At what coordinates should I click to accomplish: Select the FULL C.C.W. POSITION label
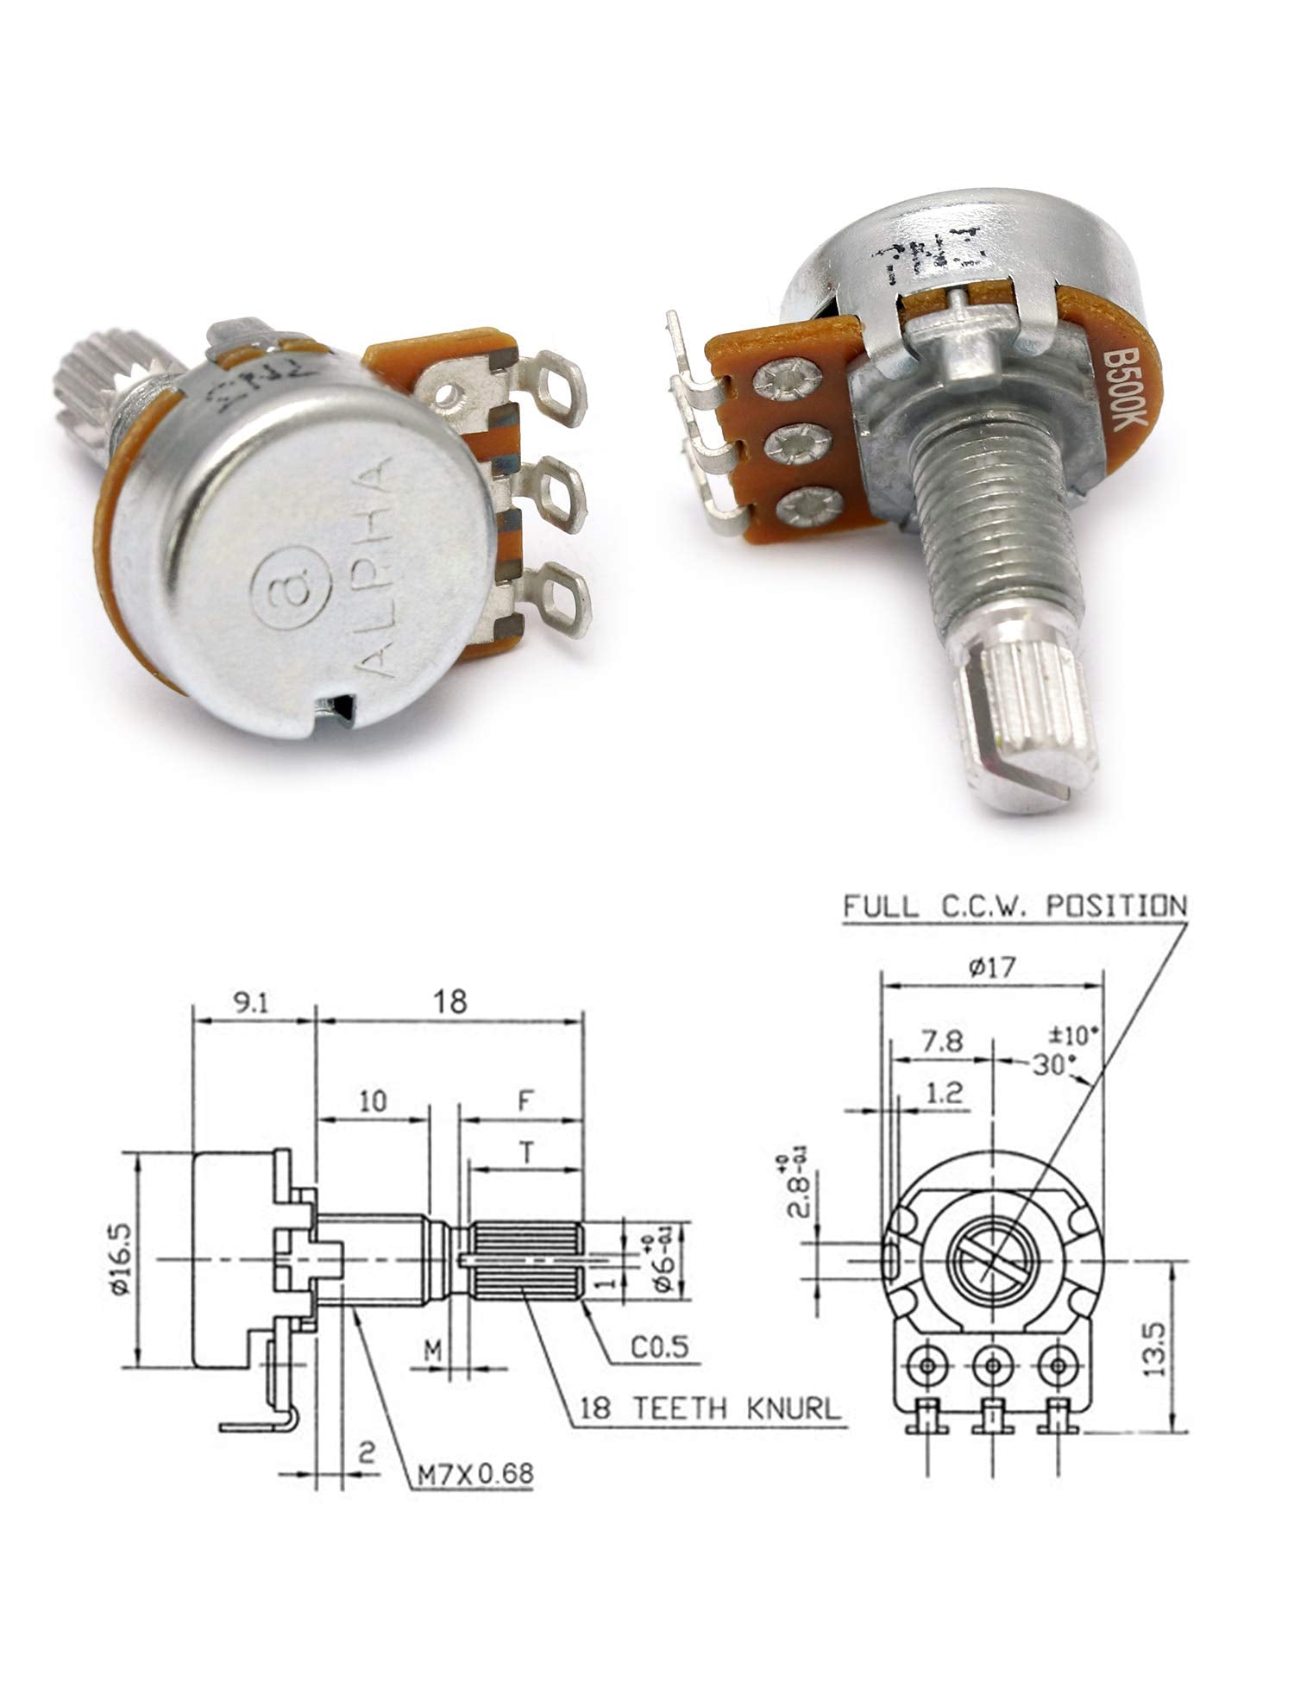click(x=1014, y=906)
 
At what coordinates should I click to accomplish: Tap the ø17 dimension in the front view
click(x=992, y=967)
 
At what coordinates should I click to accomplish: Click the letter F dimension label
click(x=523, y=1101)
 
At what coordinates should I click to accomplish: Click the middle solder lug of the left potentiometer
click(x=552, y=499)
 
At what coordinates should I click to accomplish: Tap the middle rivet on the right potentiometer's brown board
click(x=791, y=445)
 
